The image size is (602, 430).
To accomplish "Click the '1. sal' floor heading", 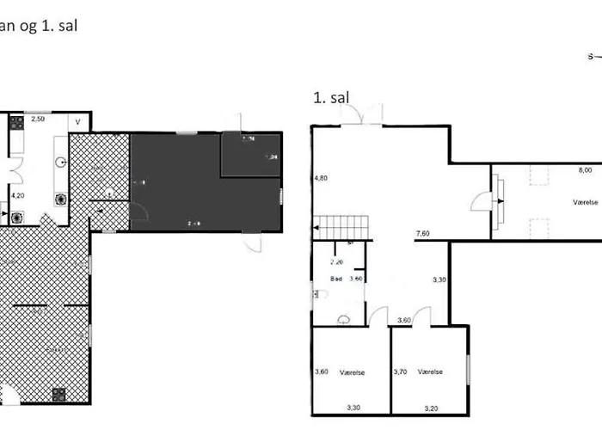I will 331,99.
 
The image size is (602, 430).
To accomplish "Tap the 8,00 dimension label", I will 585,171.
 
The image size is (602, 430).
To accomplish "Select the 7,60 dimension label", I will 422,234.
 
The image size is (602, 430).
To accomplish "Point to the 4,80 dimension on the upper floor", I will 320,178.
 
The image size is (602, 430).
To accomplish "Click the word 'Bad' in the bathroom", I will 337,279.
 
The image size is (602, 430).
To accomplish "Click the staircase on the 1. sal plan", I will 343,228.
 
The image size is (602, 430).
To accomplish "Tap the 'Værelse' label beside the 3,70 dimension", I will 430,372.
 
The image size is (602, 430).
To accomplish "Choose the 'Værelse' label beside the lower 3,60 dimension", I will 353,372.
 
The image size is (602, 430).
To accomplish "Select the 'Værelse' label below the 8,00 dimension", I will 586,202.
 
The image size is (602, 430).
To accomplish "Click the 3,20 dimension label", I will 431,407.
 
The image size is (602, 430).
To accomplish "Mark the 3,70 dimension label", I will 399,372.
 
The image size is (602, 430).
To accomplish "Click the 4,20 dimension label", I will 18,195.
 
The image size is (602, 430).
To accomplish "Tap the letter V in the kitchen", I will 77,122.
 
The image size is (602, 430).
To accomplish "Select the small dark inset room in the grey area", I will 250,155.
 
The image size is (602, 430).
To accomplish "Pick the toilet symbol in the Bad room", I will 320,294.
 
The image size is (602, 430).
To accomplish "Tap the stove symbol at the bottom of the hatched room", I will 59,395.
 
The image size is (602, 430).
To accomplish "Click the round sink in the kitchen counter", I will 61,162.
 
